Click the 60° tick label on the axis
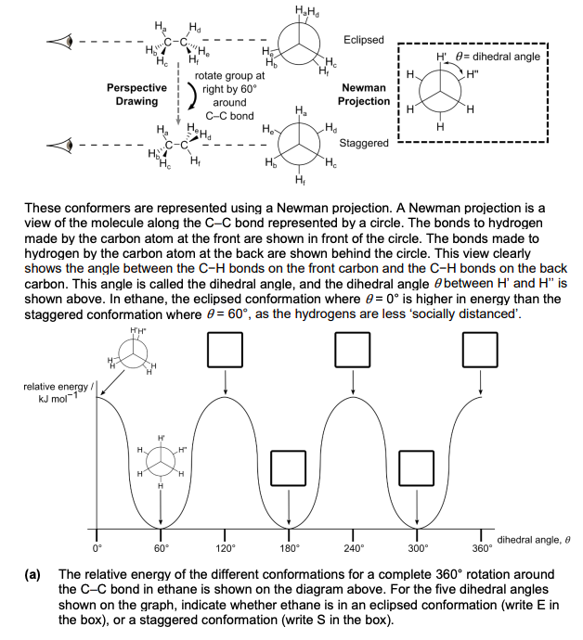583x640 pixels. point(161,548)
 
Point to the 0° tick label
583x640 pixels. point(97,548)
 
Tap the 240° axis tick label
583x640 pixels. point(354,548)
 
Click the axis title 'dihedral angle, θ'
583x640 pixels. point(534,540)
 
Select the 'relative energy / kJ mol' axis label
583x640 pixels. point(57,392)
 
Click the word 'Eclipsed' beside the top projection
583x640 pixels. point(364,40)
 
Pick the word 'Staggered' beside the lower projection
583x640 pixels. point(364,143)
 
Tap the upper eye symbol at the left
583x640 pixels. point(60,41)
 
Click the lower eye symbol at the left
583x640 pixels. point(60,145)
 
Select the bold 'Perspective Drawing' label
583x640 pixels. point(136,95)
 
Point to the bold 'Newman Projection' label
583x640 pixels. point(364,95)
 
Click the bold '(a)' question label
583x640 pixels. point(32,575)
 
